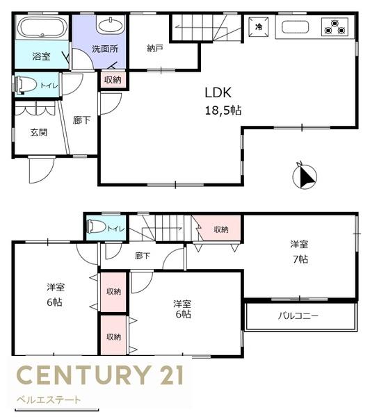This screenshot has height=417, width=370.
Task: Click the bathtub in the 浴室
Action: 42,28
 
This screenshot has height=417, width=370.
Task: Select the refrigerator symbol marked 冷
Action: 259,26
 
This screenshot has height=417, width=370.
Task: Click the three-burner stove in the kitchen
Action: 335,27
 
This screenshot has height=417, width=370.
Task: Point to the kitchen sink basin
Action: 295,27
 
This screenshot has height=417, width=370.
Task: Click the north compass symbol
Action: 305,176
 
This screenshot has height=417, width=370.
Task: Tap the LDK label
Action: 218,92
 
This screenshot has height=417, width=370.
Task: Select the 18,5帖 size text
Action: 223,110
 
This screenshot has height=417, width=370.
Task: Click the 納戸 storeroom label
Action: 155,49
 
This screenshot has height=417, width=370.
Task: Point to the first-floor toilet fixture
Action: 26,85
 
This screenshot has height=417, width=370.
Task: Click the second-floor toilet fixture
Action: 97,227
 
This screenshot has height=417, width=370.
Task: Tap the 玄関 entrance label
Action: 39,133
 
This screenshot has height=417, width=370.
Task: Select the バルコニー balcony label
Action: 298,316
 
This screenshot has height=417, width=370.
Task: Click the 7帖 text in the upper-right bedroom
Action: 300,259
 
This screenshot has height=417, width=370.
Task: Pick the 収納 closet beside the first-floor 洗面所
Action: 113,79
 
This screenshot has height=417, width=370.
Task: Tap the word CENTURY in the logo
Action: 83,375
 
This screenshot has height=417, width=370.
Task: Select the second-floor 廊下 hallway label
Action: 143,256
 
